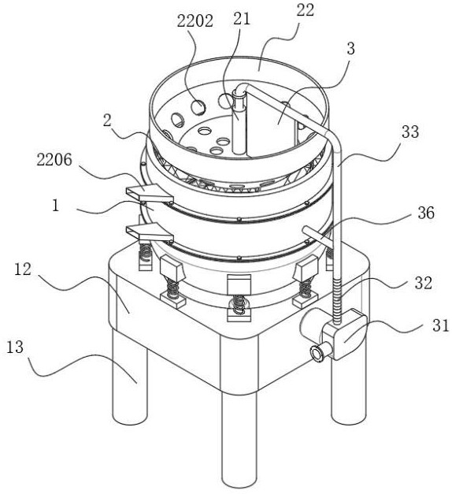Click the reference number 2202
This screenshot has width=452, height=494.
(195, 21)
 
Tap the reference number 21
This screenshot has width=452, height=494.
(242, 19)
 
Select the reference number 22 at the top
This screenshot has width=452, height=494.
(306, 11)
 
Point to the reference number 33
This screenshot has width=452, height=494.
(410, 132)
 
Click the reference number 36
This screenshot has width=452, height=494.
(426, 213)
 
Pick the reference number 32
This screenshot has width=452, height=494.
(423, 283)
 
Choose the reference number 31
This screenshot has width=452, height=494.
(441, 325)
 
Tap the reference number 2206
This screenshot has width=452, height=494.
(54, 160)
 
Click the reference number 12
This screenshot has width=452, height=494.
(23, 269)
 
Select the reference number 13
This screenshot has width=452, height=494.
(15, 347)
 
